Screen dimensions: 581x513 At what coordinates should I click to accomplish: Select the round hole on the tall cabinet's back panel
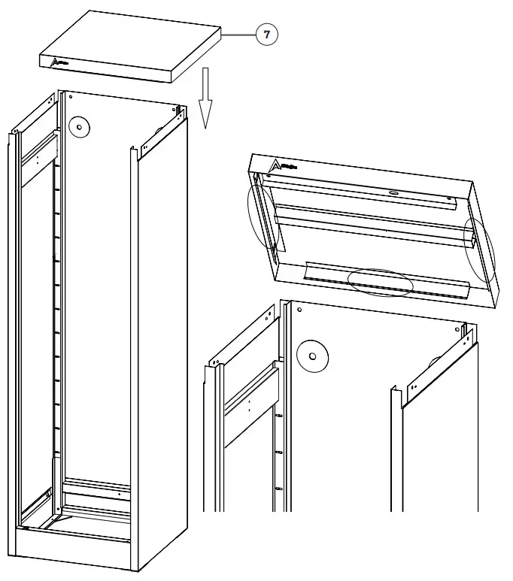(77, 127)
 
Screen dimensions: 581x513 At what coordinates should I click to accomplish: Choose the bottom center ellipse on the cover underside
(381, 281)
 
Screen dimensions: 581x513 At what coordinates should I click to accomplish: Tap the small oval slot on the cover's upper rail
(393, 192)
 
